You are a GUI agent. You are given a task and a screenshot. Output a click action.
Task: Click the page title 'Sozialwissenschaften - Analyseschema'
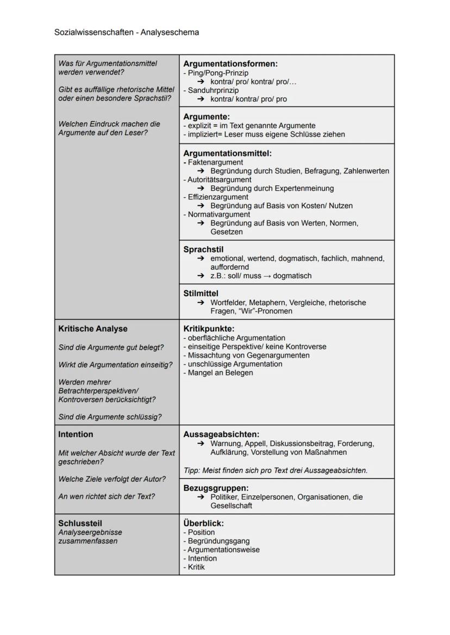pyautogui.click(x=127, y=33)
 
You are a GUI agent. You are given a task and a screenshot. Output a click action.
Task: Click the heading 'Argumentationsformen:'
pyautogui.click(x=230, y=64)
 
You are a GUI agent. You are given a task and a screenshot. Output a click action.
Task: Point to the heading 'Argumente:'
pyautogui.click(x=207, y=117)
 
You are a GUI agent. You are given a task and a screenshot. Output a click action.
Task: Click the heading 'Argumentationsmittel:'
pyautogui.click(x=227, y=154)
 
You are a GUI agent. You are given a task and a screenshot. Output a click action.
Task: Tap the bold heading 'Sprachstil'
pyautogui.click(x=203, y=250)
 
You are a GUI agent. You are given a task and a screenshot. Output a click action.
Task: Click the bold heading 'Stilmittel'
pyautogui.click(x=201, y=294)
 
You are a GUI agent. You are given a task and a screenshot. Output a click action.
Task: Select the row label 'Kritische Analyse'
pyautogui.click(x=93, y=329)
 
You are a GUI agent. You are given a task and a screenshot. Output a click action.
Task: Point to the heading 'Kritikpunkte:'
pyautogui.click(x=209, y=329)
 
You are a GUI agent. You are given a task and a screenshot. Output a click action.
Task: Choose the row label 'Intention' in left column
pyautogui.click(x=76, y=435)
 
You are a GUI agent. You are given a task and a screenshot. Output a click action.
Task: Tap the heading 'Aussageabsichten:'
pyautogui.click(x=221, y=435)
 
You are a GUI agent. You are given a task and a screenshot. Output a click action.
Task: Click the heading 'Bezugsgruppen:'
pyautogui.click(x=216, y=488)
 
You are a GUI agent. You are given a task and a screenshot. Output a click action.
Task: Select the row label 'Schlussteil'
pyautogui.click(x=80, y=524)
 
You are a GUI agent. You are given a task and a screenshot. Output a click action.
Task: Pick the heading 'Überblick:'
pyautogui.click(x=203, y=524)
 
